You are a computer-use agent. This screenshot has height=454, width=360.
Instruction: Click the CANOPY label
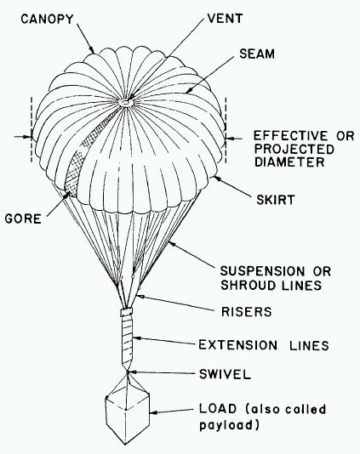tap(48, 19)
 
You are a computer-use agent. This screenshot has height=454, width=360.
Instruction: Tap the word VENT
tap(225, 19)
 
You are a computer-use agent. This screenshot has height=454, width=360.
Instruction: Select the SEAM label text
tap(257, 54)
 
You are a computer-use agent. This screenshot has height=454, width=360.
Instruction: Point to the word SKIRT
tap(275, 200)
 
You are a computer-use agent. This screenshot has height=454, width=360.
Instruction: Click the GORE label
tap(23, 218)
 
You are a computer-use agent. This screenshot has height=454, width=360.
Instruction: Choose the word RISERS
tap(246, 311)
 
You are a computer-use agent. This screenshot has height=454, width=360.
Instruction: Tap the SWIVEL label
tap(225, 374)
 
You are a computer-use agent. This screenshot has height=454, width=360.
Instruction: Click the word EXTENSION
tap(238, 345)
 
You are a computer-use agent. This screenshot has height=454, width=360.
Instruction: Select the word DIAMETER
tap(289, 162)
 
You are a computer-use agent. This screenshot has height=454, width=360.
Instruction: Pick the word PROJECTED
tap(294, 149)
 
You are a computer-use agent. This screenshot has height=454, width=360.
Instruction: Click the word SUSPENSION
tap(262, 271)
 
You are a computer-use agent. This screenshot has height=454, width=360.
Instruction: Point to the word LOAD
tap(218, 409)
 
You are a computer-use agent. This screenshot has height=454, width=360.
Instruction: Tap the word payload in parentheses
tap(226, 425)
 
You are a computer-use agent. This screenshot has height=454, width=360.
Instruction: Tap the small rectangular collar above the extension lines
tap(126, 312)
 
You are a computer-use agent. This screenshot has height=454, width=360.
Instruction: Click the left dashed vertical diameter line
tap(31, 129)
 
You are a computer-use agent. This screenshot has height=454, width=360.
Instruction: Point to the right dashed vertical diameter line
tap(226, 130)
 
